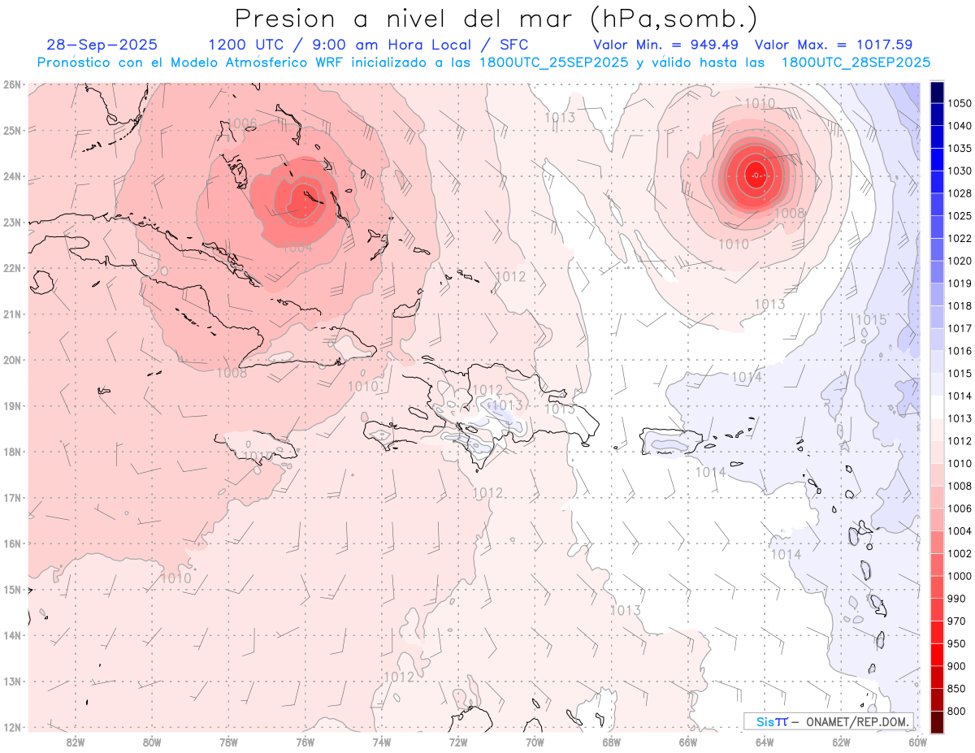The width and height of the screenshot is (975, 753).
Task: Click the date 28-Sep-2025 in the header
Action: pos(102,45)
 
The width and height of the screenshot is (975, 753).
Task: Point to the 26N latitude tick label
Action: pos(12,84)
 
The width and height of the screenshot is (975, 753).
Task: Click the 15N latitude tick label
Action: pos(12,590)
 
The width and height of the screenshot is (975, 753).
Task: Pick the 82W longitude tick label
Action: pos(76,742)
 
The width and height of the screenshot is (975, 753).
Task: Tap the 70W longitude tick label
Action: pos(535,742)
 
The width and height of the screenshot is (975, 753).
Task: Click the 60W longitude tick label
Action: pos(917,742)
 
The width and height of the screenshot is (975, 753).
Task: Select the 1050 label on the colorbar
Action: pos(960,103)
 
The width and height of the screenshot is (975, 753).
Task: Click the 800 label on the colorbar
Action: pos(956,712)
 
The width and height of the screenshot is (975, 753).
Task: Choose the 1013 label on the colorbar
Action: pos(960,418)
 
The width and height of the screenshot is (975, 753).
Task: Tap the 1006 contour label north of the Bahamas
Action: pos(242,123)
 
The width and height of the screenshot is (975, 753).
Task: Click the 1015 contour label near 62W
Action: pos(871,320)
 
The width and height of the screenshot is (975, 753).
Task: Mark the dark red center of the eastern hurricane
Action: pos(756,175)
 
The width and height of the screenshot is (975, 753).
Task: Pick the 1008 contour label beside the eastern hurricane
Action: pos(789,213)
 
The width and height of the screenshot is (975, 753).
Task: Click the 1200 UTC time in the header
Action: pos(245,45)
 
